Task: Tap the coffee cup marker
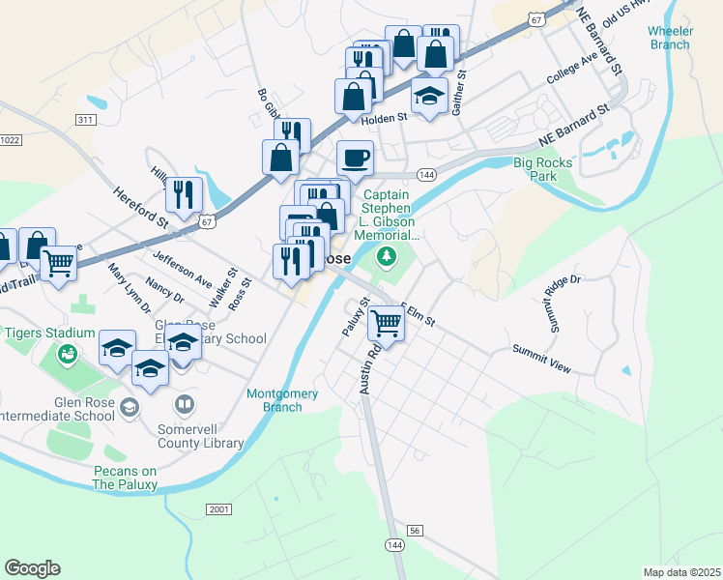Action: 355,158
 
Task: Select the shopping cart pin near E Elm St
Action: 386,324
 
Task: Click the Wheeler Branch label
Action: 670,38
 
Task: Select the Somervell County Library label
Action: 200,436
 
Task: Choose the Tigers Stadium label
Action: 50,333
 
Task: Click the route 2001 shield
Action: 219,509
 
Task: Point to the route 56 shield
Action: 415,531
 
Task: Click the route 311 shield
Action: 85,119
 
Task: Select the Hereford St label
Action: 141,208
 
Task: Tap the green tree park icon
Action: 387,255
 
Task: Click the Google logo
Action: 32,568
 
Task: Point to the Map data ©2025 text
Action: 680,572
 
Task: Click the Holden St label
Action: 384,119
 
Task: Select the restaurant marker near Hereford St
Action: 183,194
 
